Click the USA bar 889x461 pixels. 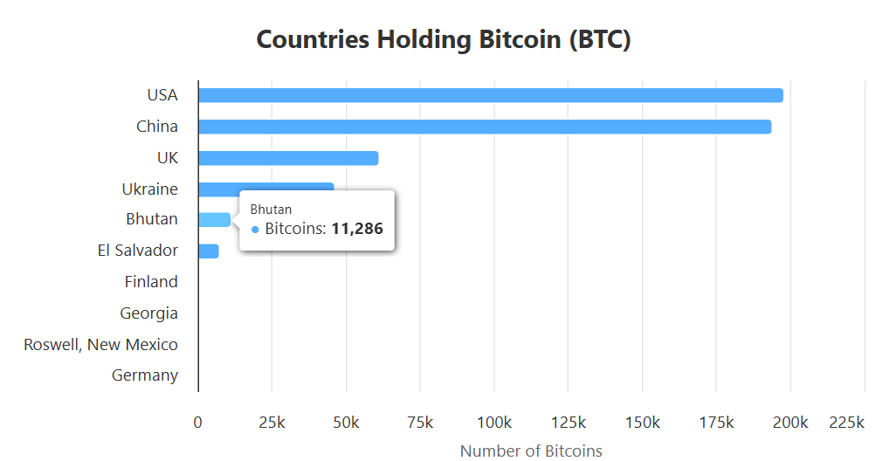tap(490, 95)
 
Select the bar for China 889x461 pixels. tap(484, 127)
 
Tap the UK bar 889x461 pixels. tap(288, 158)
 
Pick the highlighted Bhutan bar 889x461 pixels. tap(214, 220)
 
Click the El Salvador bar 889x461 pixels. tap(208, 251)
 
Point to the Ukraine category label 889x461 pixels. tap(150, 189)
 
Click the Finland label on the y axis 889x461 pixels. tap(151, 281)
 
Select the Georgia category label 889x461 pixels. tap(149, 313)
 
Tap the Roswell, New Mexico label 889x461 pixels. tap(101, 344)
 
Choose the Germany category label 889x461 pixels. tap(145, 375)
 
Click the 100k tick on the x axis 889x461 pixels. tap(494, 423)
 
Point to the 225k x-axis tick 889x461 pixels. tap(846, 423)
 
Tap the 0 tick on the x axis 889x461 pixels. tap(198, 423)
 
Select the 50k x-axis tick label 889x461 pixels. tap(346, 423)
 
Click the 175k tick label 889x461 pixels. tap(716, 423)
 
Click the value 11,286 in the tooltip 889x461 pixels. tap(357, 229)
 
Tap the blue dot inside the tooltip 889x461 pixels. tap(255, 229)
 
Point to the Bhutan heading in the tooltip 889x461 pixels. tap(271, 210)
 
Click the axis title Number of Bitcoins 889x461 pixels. tap(531, 451)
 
